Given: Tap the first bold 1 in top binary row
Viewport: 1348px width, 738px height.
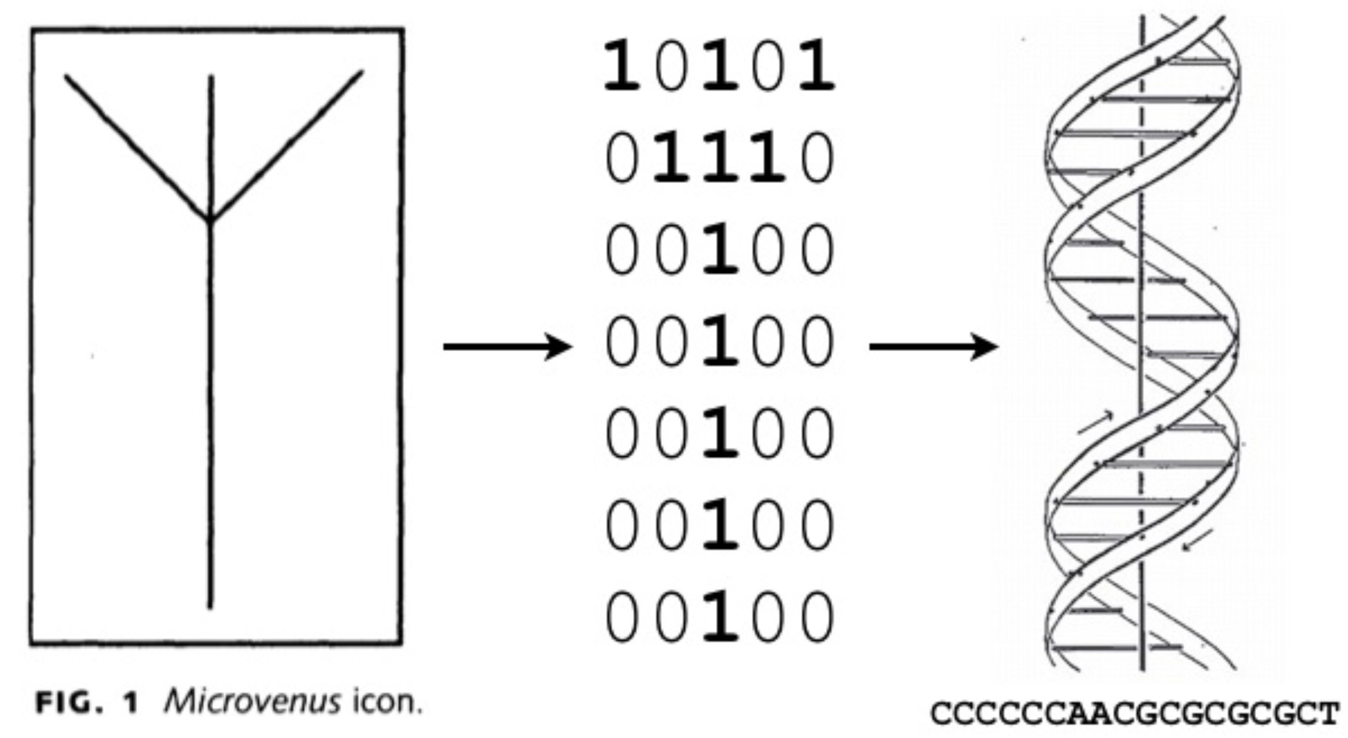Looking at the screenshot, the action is point(621,66).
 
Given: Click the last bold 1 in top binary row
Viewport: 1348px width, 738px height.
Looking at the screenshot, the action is point(816,66).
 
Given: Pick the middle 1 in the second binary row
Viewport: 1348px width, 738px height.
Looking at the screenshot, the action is point(720,157).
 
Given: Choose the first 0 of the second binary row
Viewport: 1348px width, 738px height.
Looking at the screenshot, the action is point(622,157).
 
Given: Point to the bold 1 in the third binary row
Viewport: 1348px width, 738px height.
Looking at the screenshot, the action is point(720,249).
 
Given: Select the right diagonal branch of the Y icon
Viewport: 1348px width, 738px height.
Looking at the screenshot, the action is point(287,145).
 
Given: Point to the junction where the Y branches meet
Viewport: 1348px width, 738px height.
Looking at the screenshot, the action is point(210,220).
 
